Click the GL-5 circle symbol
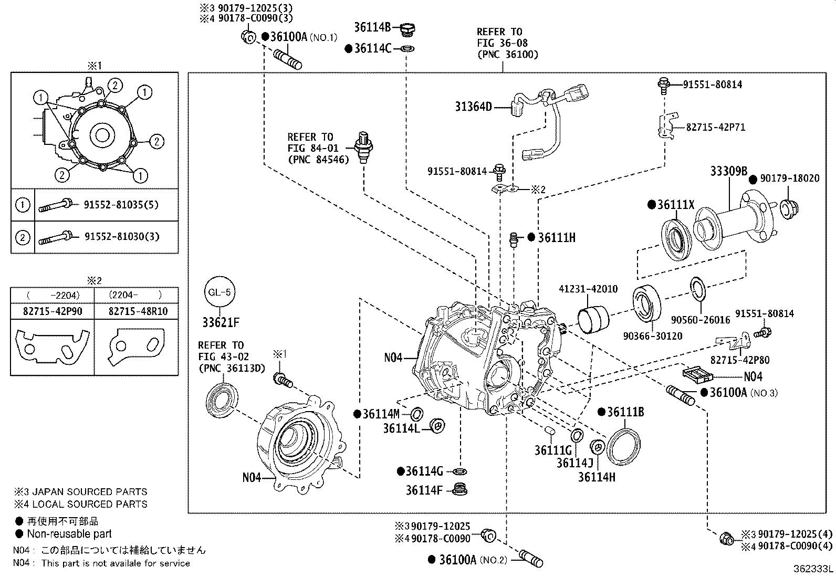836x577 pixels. click(220, 292)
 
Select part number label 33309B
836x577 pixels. click(728, 171)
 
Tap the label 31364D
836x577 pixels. click(473, 107)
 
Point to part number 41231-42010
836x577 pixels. click(588, 289)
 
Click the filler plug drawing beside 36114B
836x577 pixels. click(407, 29)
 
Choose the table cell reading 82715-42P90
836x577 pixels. click(53, 311)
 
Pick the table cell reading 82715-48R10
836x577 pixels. click(138, 311)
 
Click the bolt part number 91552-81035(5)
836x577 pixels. click(121, 205)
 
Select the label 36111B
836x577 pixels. click(625, 412)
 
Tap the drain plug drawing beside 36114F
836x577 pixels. click(459, 489)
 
